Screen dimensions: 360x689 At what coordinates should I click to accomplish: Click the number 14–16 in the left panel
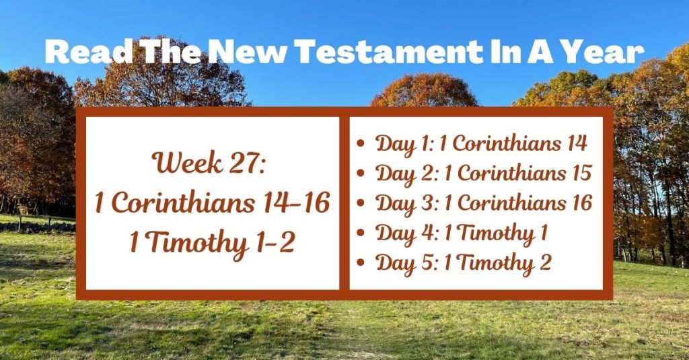click(x=297, y=204)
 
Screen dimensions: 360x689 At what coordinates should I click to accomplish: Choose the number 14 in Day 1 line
click(x=573, y=143)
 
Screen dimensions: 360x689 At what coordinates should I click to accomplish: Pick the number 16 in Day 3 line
click(x=578, y=203)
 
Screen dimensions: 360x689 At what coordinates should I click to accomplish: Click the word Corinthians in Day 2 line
click(x=505, y=174)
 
